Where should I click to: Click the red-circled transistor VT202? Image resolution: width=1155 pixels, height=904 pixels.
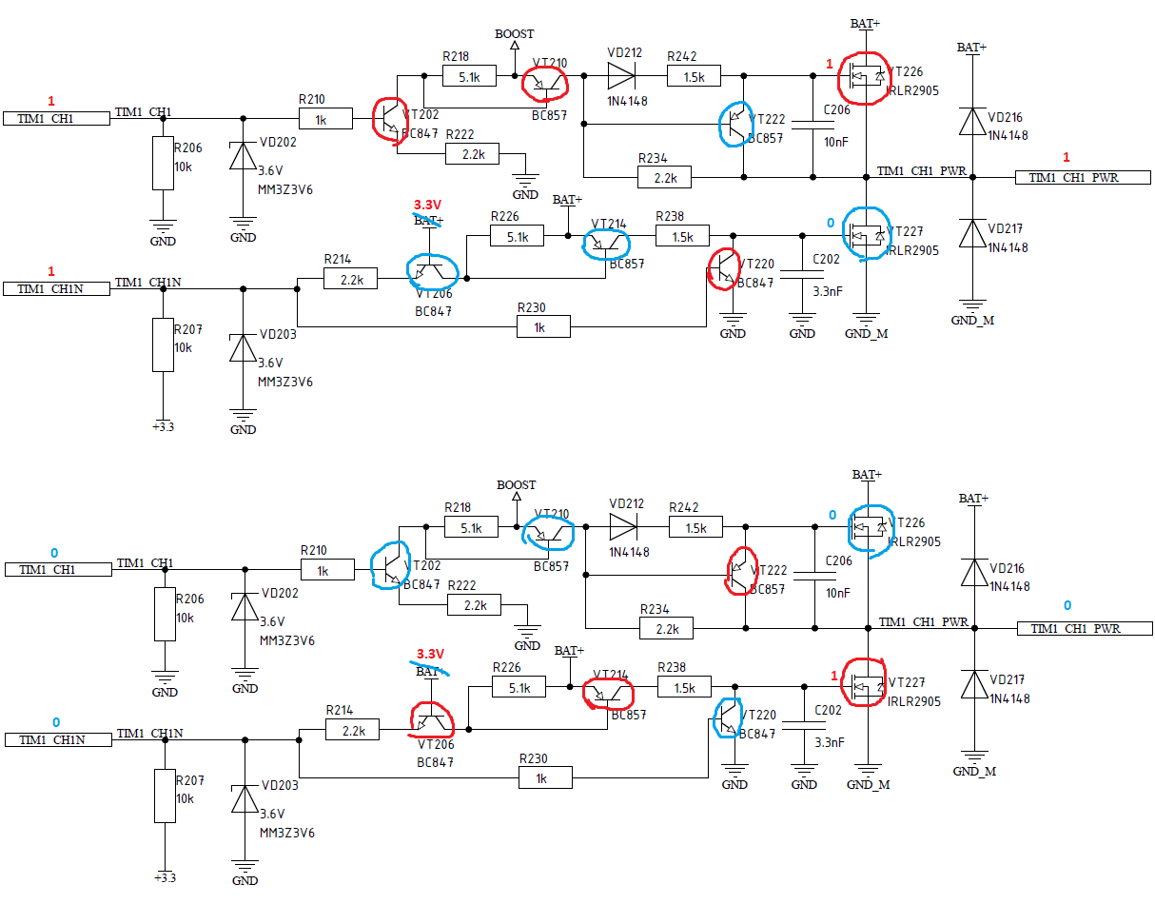pos(390,119)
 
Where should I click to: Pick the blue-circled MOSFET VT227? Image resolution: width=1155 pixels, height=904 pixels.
pos(867,233)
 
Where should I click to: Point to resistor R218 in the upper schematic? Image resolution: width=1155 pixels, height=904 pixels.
pos(467,76)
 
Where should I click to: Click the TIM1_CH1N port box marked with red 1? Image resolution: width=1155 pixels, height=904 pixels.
pos(57,288)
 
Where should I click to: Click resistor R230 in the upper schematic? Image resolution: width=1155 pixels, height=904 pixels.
pos(543,327)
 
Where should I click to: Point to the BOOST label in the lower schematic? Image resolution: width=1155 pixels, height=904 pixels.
pos(517,484)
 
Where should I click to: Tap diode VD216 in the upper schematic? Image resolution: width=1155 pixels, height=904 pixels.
pos(971,122)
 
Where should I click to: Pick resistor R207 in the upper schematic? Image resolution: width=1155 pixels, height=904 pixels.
pos(164,346)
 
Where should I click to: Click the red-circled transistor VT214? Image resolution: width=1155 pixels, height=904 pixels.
pos(607,693)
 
